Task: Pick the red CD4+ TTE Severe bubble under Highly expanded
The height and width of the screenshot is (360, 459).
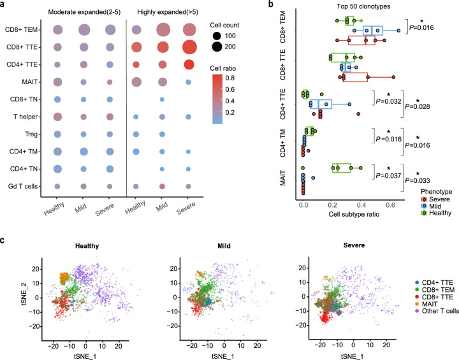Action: (x=189, y=64)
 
